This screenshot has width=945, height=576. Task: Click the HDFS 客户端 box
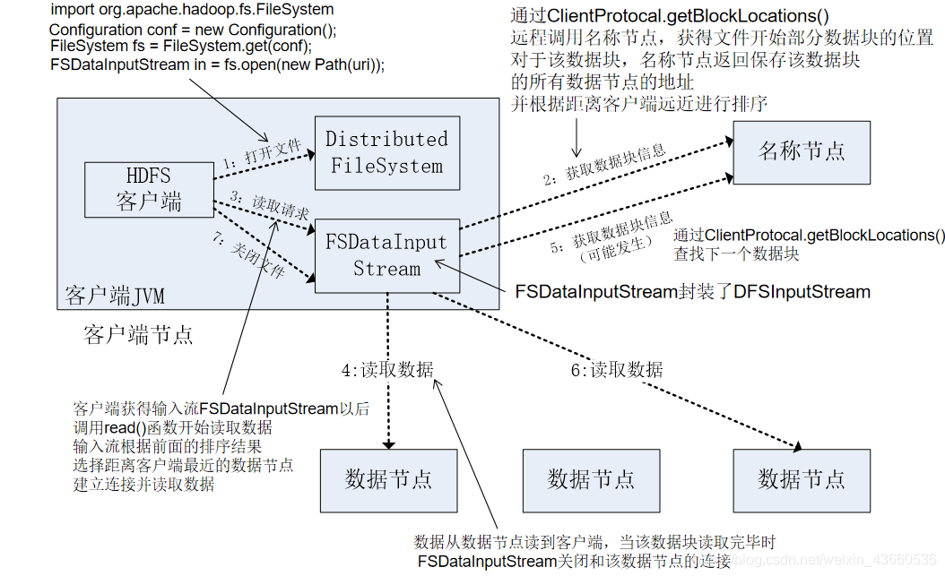pyautogui.click(x=148, y=188)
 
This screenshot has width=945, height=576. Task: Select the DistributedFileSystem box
pyautogui.click(x=386, y=152)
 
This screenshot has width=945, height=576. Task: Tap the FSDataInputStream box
pyautogui.click(x=386, y=255)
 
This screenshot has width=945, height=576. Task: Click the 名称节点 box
pyautogui.click(x=802, y=150)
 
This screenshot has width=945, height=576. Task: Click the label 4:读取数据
pyautogui.click(x=387, y=369)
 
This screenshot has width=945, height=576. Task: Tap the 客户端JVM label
pyautogui.click(x=115, y=296)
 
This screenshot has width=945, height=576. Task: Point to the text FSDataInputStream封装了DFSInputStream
pyautogui.click(x=692, y=291)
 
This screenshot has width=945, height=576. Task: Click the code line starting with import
pyautogui.click(x=192, y=10)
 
